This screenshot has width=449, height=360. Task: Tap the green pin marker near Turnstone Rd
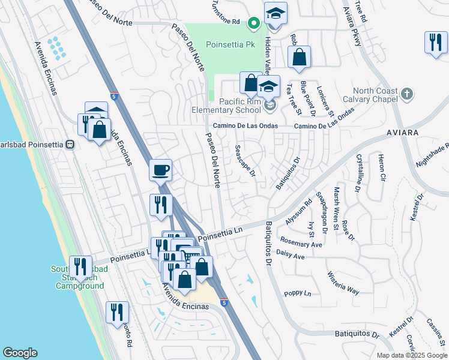[254, 23]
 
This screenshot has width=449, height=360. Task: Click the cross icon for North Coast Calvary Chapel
[407, 94]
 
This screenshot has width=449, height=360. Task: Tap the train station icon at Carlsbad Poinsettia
[70, 145]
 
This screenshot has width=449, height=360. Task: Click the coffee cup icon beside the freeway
[160, 170]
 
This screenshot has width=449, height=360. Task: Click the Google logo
[20, 353]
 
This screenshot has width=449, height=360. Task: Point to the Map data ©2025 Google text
[411, 355]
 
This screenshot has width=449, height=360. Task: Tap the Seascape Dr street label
[245, 161]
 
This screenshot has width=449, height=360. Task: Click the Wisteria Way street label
[343, 283]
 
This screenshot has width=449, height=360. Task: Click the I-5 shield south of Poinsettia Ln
[223, 304]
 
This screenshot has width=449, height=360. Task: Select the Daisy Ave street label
[291, 256]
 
